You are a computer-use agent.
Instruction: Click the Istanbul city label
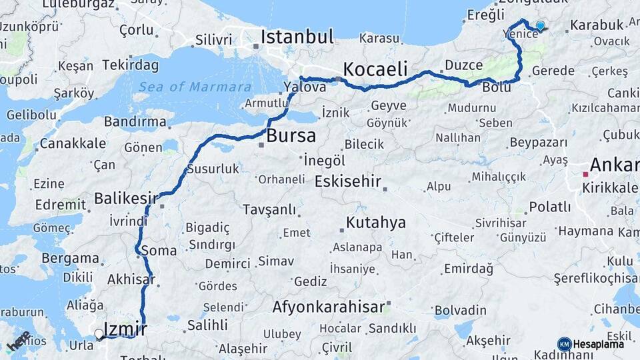pos(297,37)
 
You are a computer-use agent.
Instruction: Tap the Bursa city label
pos(291,136)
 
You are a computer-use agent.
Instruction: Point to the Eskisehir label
pos(347,181)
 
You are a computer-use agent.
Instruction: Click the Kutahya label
pos(375,222)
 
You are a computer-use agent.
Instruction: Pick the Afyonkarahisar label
pos(329,307)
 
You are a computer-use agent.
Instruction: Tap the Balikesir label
pos(126,197)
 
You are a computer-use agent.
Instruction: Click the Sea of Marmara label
pos(195,87)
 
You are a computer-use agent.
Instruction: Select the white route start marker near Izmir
pos(99,334)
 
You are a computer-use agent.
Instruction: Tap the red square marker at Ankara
pos(585,174)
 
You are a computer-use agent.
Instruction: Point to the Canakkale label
pos(73,143)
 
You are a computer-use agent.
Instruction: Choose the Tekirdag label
pos(121,65)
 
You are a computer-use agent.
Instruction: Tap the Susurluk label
pos(213,169)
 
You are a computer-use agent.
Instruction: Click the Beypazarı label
pos(538,143)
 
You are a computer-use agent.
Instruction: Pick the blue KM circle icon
pos(565,344)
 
